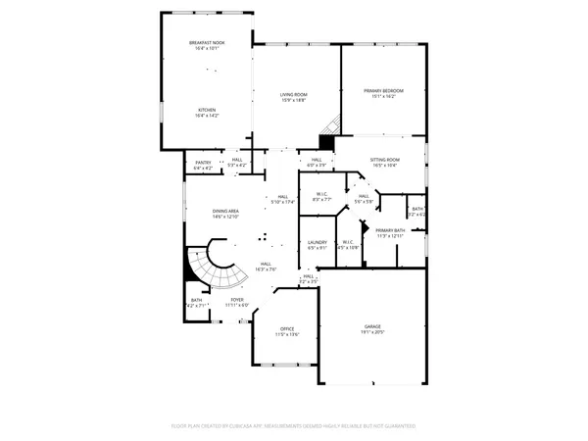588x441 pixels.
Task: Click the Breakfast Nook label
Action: point(205,44)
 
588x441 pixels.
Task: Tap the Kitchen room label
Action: point(205,110)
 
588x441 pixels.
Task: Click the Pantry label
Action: point(203,162)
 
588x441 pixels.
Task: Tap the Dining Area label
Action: point(226,213)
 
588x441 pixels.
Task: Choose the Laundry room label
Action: point(317,243)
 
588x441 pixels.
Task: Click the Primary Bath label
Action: point(389,230)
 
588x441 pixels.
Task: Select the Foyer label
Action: point(237,300)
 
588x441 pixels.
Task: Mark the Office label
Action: point(287,329)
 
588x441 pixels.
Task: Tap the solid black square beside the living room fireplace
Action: point(325,142)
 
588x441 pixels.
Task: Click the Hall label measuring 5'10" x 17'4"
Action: point(282,198)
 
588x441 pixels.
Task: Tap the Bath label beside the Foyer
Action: point(196,301)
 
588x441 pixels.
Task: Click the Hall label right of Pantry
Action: point(236,162)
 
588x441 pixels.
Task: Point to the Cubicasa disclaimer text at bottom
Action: point(294,425)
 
